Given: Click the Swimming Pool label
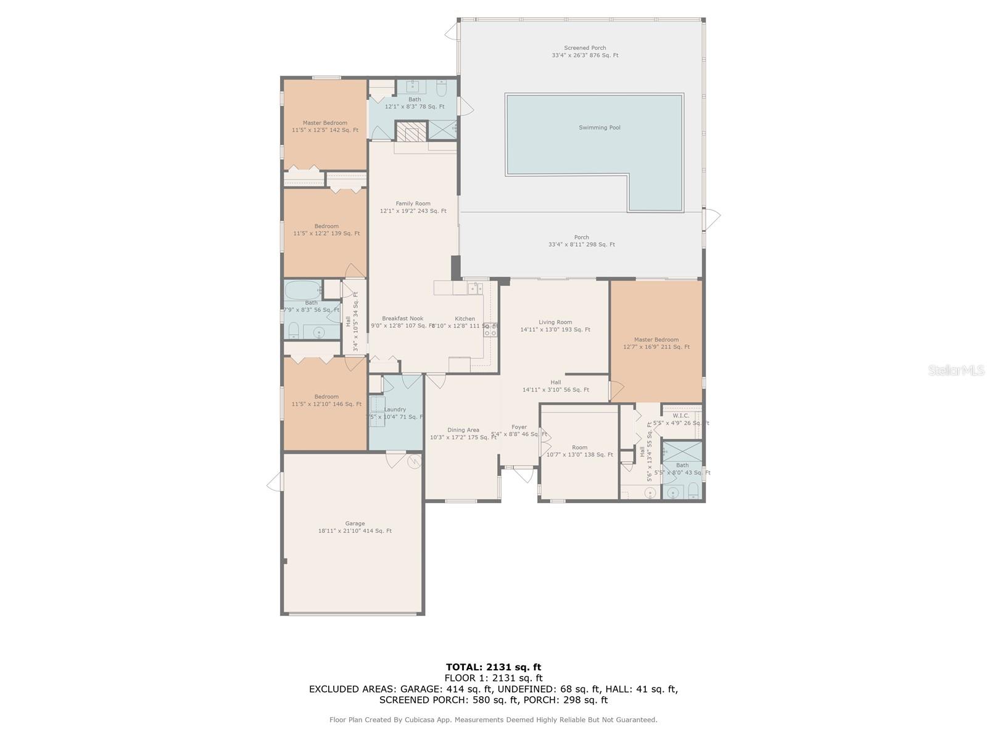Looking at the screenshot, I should point(599,128).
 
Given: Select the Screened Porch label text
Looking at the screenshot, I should point(585,48).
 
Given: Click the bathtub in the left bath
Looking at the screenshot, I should point(303,289).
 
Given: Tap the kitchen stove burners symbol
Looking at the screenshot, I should point(490,330).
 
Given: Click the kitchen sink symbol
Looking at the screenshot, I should point(474,288).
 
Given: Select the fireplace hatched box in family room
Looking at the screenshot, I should point(411,132).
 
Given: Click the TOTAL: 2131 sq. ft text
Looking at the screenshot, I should point(493,667).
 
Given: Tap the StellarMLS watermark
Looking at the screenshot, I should point(956,370).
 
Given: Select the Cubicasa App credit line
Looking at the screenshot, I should point(493,720).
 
